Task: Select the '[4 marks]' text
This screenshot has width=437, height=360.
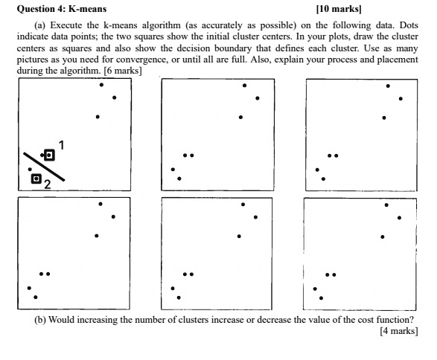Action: (398, 332)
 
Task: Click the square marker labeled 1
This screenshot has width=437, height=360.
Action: (50, 155)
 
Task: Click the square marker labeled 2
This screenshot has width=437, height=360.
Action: (35, 179)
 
